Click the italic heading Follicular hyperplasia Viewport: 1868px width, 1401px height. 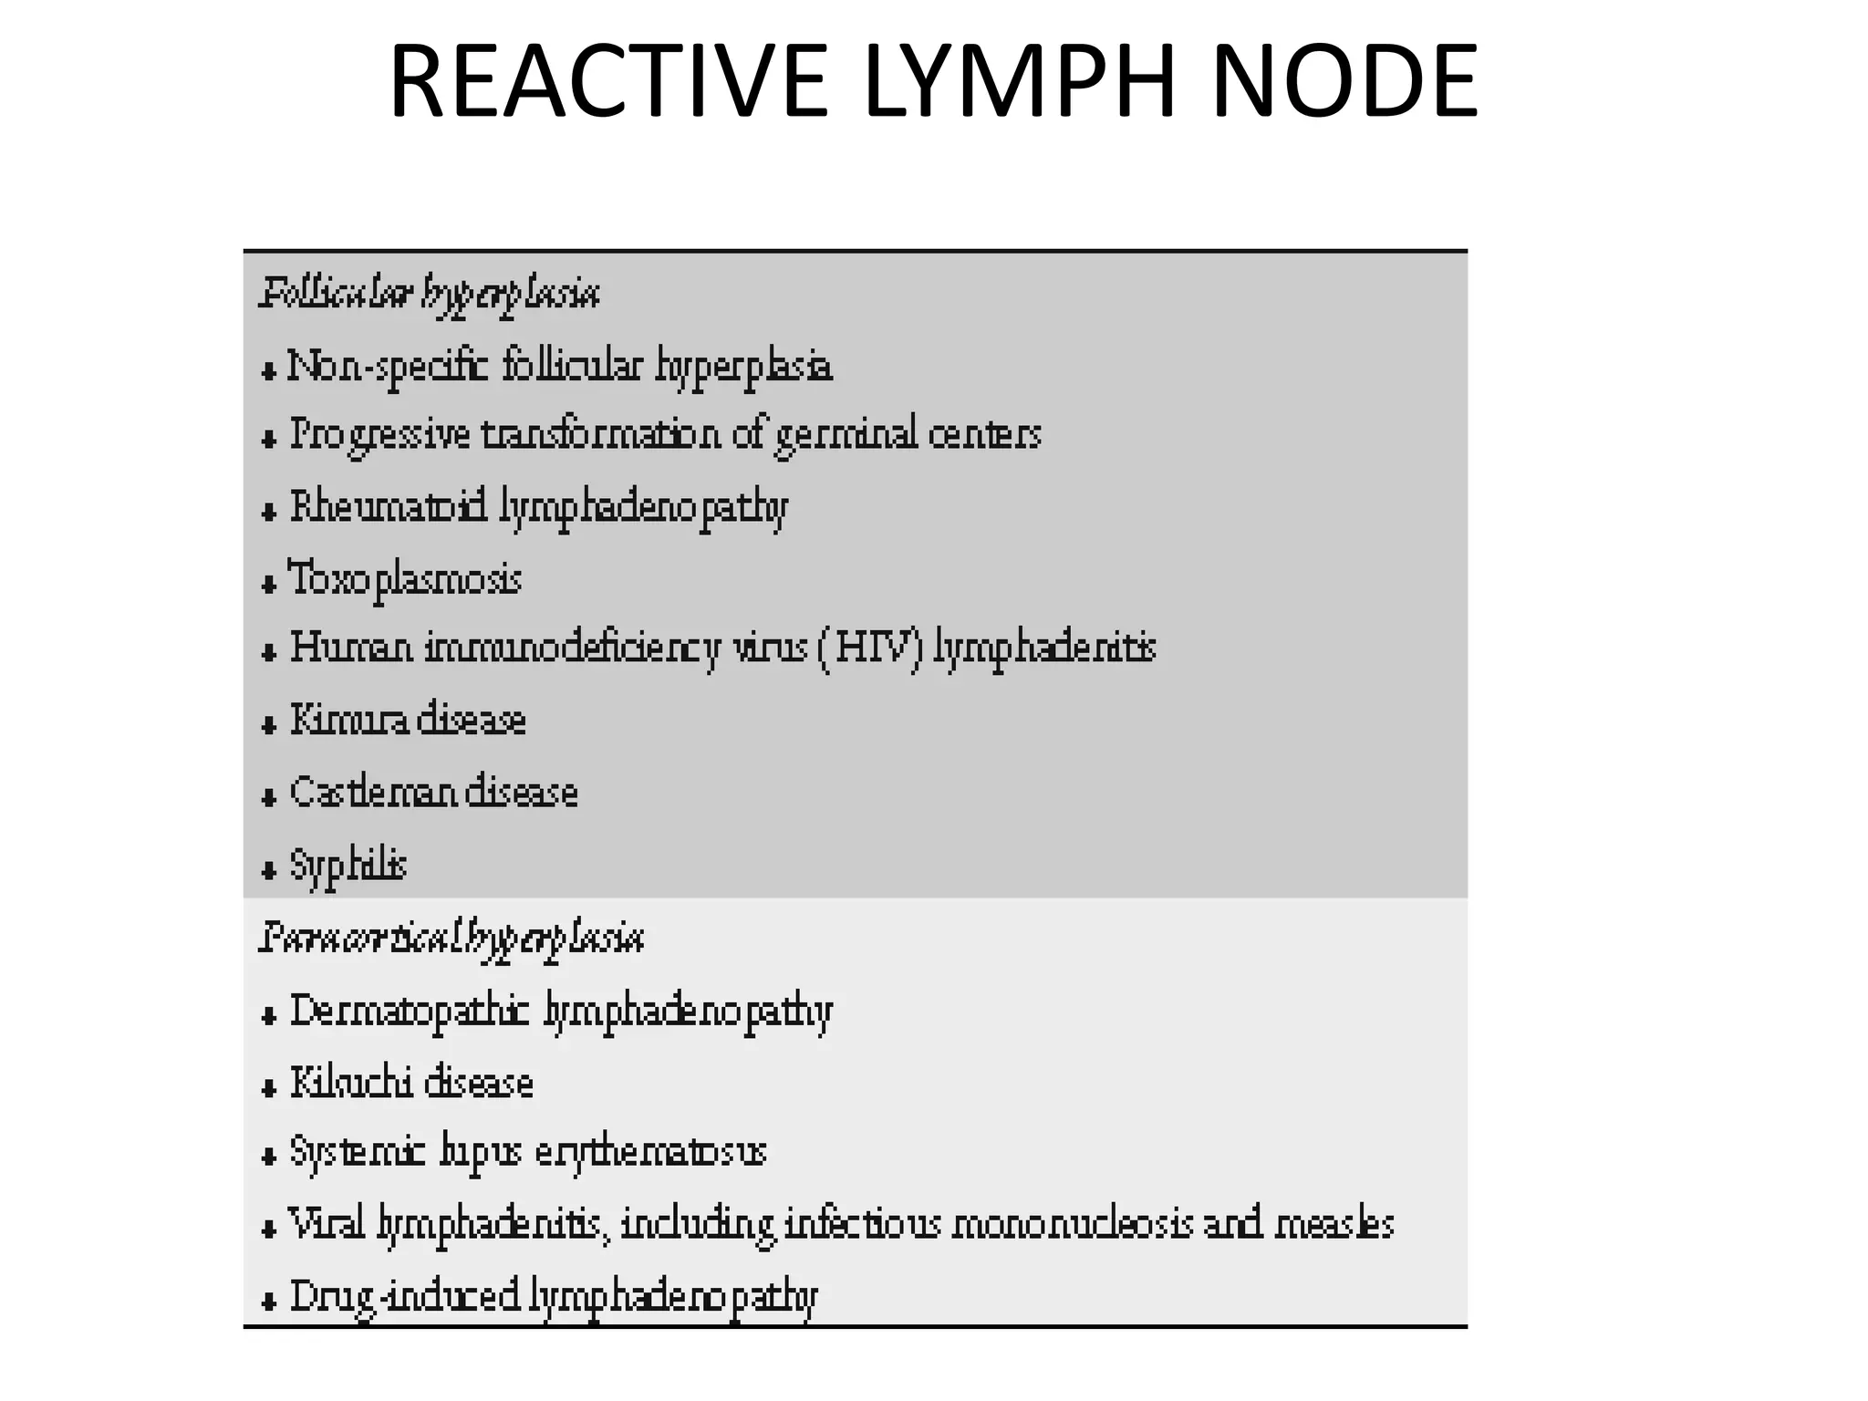(x=430, y=295)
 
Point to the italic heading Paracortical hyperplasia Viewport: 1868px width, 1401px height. (x=451, y=939)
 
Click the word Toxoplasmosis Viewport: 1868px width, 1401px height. (x=406, y=579)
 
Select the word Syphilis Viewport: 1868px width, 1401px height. (x=348, y=866)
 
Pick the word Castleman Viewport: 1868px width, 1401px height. (x=374, y=792)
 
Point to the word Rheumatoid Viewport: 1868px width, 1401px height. (x=389, y=507)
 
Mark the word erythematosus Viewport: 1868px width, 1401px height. (x=650, y=1152)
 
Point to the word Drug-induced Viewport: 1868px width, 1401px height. (x=405, y=1297)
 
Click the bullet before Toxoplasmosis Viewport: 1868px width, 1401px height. (x=268, y=584)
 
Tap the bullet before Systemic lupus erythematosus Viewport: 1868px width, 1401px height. (x=268, y=1157)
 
